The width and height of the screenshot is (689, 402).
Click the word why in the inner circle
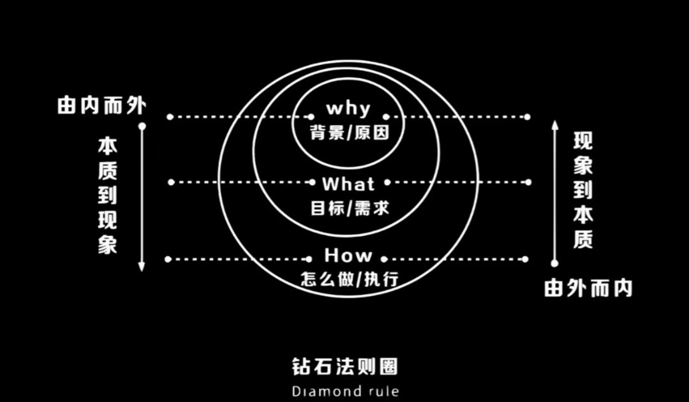coord(348,108)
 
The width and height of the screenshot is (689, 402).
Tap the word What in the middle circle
coord(348,184)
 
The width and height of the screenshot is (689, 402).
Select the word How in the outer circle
coord(348,255)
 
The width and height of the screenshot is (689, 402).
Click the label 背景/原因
coord(350,132)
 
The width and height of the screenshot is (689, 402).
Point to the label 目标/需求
coord(350,208)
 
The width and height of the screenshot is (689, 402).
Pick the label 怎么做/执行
coord(350,279)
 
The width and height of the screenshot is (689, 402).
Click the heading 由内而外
coord(101,105)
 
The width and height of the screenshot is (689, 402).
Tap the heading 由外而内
coord(588,288)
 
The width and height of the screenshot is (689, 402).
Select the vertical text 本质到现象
coord(107,196)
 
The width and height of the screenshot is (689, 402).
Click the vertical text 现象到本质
coord(583,190)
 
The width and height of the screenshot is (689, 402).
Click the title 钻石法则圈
coord(345,366)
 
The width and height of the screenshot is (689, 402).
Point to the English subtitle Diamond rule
coord(345,391)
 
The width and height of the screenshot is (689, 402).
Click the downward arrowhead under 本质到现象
coord(142,266)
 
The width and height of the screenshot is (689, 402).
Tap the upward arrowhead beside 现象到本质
coord(555,125)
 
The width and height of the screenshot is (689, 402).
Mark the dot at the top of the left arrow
coord(142,126)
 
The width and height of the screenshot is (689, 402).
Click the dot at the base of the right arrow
coord(554,263)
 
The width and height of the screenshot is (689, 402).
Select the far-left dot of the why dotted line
coord(170,117)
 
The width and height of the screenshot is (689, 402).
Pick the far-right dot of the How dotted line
coord(525,259)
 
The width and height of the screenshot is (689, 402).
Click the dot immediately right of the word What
coord(387,182)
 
